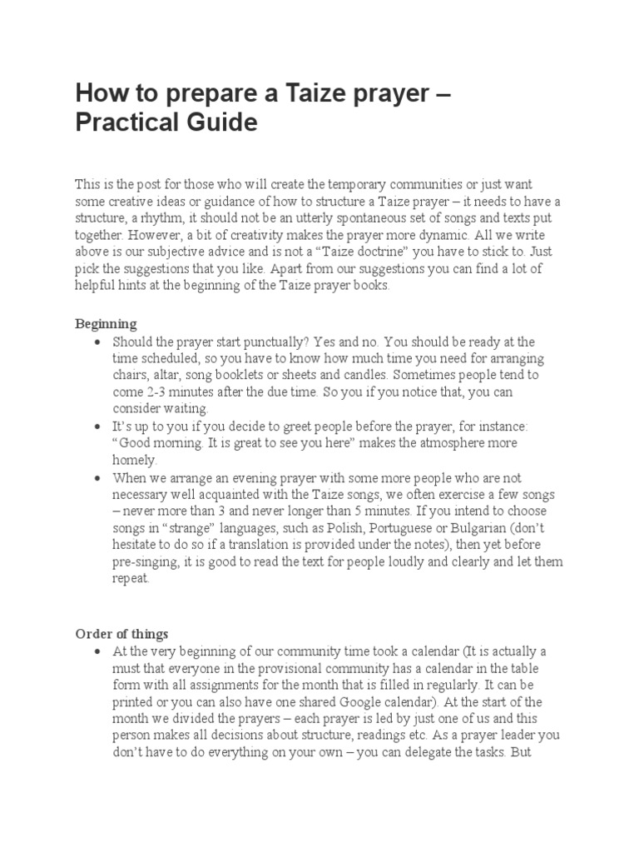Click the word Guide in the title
216,122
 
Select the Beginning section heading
106,323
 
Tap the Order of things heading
121,633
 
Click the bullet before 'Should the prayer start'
99,342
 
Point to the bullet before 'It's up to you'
99,426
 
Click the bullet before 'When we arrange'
99,478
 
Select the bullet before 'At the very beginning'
99,651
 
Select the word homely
133,460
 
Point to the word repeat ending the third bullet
131,579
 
